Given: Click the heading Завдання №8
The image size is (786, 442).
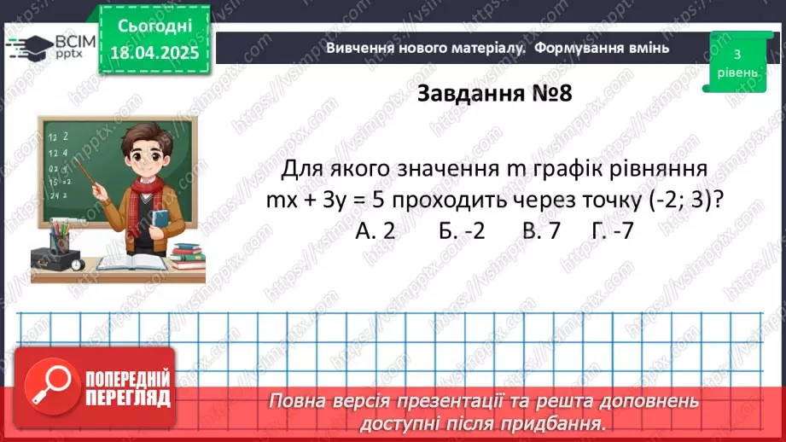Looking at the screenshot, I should [493, 94].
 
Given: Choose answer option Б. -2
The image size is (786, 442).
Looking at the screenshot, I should [461, 230].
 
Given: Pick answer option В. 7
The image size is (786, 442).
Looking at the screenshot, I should [543, 230].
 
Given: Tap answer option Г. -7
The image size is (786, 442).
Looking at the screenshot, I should [611, 230].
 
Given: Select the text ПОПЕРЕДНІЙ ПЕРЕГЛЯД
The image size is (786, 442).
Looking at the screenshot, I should [128, 389].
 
